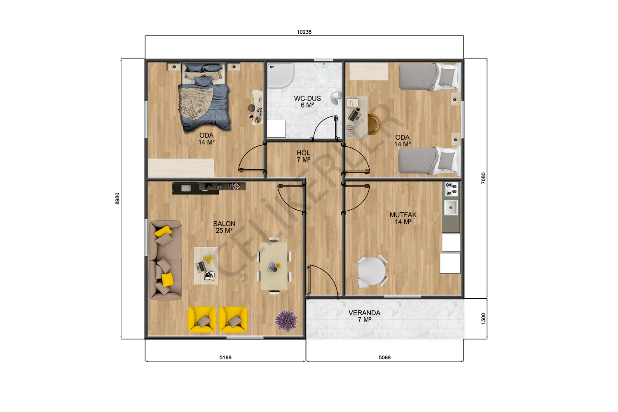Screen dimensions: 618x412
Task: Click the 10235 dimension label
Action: tap(304, 32)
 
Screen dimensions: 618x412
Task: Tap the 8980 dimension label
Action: tap(117, 199)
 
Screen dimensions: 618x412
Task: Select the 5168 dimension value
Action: tap(225, 357)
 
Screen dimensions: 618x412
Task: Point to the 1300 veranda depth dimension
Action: tap(483, 319)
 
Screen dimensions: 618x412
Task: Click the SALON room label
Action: tap(224, 224)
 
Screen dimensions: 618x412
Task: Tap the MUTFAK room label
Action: tap(403, 215)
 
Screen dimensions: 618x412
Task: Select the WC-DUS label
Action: tap(307, 98)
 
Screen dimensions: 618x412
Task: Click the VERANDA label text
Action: tap(365, 313)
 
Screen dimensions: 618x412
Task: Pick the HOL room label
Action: tap(303, 153)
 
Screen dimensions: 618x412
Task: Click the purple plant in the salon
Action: tap(286, 321)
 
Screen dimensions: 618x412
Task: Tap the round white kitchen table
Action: tap(371, 271)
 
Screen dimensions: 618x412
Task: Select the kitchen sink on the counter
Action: tap(451, 208)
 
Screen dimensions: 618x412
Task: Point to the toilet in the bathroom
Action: tap(323, 72)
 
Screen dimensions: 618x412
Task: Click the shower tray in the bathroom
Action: tap(281, 75)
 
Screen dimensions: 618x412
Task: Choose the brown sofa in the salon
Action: tap(165, 260)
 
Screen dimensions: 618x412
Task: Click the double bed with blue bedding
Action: tap(204, 97)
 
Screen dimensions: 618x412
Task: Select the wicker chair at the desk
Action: tap(374, 124)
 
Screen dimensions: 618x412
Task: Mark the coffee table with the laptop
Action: tap(206, 265)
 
